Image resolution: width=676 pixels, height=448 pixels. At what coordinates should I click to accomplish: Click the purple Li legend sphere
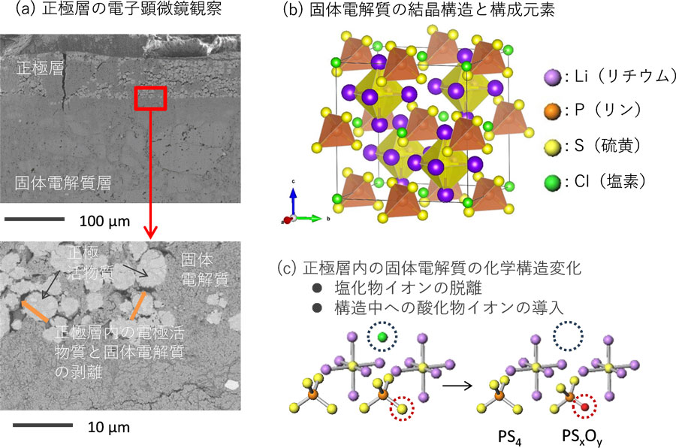click(551, 77)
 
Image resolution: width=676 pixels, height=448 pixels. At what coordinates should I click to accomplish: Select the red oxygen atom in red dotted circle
click(583, 407)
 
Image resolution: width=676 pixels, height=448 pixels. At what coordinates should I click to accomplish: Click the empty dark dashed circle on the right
click(569, 337)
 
